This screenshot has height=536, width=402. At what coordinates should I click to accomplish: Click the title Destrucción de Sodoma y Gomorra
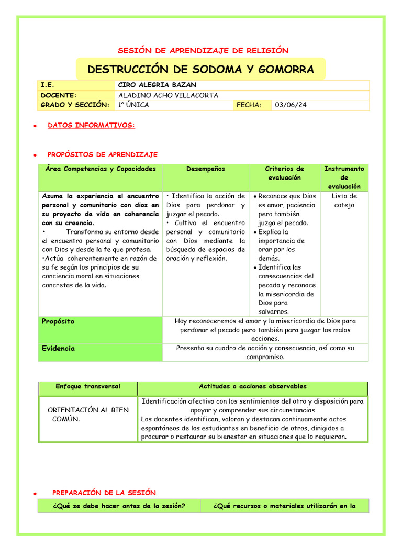coord(200,69)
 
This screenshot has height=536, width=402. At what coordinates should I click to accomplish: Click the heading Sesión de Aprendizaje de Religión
coord(203,50)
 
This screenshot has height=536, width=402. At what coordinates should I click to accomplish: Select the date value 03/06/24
coord(291,105)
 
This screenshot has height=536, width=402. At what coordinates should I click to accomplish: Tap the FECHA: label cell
coord(249,105)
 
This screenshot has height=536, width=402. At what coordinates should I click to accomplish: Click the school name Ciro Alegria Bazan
coord(157,85)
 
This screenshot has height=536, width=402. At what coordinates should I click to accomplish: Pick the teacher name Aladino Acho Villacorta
coord(168,95)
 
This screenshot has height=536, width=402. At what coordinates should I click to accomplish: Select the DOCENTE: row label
coord(59,95)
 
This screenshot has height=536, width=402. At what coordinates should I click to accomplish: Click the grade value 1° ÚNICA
coord(133,105)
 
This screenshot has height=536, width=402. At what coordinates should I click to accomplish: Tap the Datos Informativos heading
coord(91,126)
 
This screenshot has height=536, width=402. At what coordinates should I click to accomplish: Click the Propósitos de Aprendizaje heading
coord(102,154)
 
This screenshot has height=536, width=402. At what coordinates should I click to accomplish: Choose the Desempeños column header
coord(205,169)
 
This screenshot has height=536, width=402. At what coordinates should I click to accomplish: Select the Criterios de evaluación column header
coord(284,173)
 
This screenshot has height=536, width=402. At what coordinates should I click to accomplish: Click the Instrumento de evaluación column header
coord(344,177)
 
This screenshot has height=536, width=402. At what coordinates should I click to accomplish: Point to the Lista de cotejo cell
coord(344,200)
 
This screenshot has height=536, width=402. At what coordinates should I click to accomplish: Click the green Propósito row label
coord(58,322)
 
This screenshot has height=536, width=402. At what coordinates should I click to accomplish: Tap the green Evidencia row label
coord(58,349)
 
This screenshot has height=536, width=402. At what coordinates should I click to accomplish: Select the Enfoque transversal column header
coord(88,387)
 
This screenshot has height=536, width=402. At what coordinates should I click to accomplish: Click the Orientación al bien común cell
coord(88,415)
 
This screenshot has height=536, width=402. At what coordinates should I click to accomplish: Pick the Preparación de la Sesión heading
coord(104,493)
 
